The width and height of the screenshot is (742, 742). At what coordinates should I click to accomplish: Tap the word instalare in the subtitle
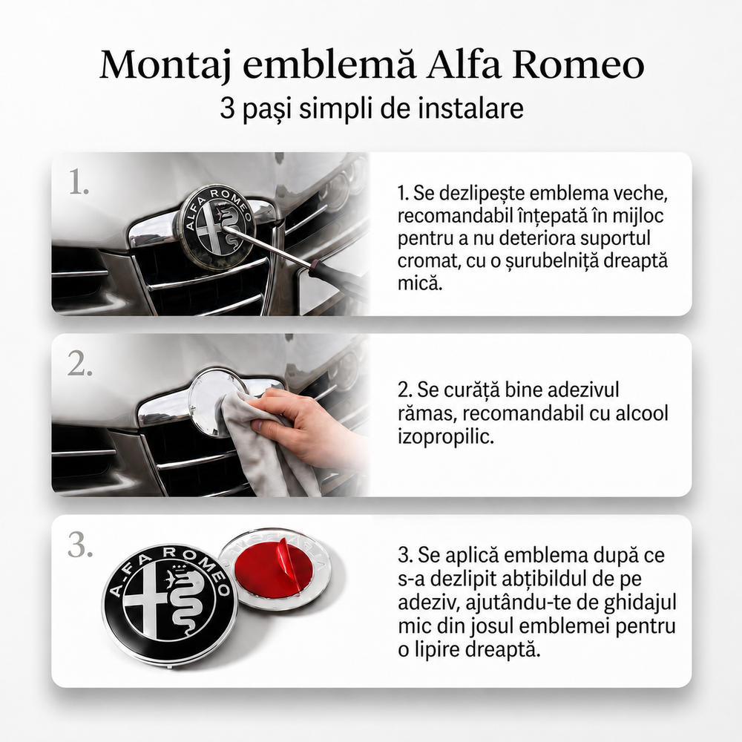click(471, 108)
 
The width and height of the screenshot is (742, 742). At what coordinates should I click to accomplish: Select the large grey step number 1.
click(79, 183)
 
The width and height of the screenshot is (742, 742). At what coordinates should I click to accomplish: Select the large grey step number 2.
click(80, 364)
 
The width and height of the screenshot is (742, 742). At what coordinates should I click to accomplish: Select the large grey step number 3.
click(80, 545)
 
